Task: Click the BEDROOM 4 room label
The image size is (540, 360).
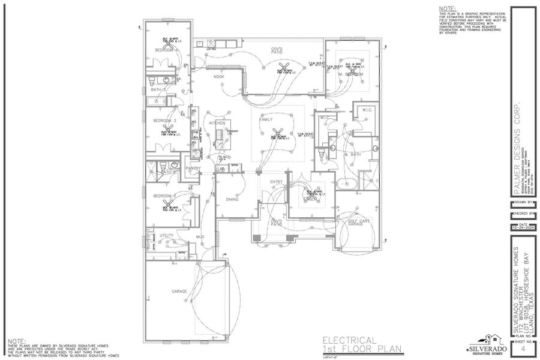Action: click(164, 50)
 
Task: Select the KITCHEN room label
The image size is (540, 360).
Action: click(217, 122)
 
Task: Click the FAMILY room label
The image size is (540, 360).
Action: click(266, 119)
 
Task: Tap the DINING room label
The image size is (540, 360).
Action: click(232, 199)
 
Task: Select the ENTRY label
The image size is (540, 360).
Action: click(276, 182)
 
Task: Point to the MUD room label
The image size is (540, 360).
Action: click(200, 237)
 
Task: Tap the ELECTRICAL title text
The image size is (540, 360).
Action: click(350, 340)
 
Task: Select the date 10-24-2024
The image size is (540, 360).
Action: click(523, 228)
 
